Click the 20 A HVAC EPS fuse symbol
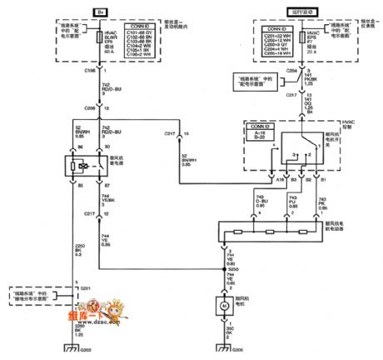[263, 38]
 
